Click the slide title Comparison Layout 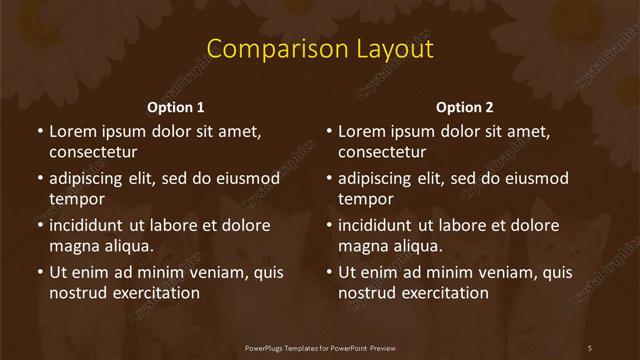coord(319,49)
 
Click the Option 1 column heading coord(176,107)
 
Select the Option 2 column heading coord(465,107)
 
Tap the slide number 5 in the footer coord(590,347)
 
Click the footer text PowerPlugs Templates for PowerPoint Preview coord(320,347)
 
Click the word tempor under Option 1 coord(77,200)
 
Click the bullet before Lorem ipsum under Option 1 coord(39,131)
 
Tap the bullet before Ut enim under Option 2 coord(328,272)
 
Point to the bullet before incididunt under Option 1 coord(39,225)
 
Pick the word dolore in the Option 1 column coord(244,225)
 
